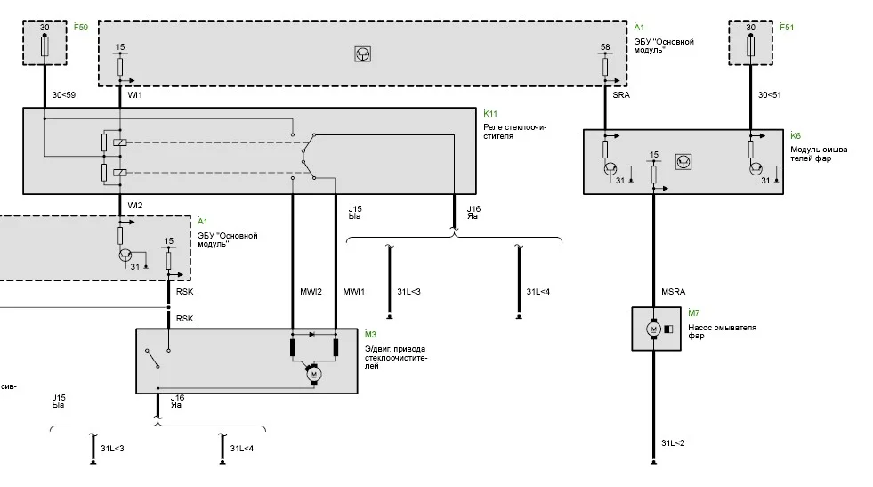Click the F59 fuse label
81,27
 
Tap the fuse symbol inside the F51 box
750,45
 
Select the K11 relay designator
490,113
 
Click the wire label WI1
134,94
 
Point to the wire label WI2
134,205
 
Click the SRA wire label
621,94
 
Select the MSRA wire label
673,291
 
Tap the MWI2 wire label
311,291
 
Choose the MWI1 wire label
353,291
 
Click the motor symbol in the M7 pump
653,329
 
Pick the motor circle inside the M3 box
313,374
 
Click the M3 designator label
370,334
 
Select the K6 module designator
795,135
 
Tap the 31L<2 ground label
673,443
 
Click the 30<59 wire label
64,94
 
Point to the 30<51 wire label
770,94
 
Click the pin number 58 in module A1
605,47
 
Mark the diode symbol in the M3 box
311,334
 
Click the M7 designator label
694,312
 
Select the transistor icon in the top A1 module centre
362,54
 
